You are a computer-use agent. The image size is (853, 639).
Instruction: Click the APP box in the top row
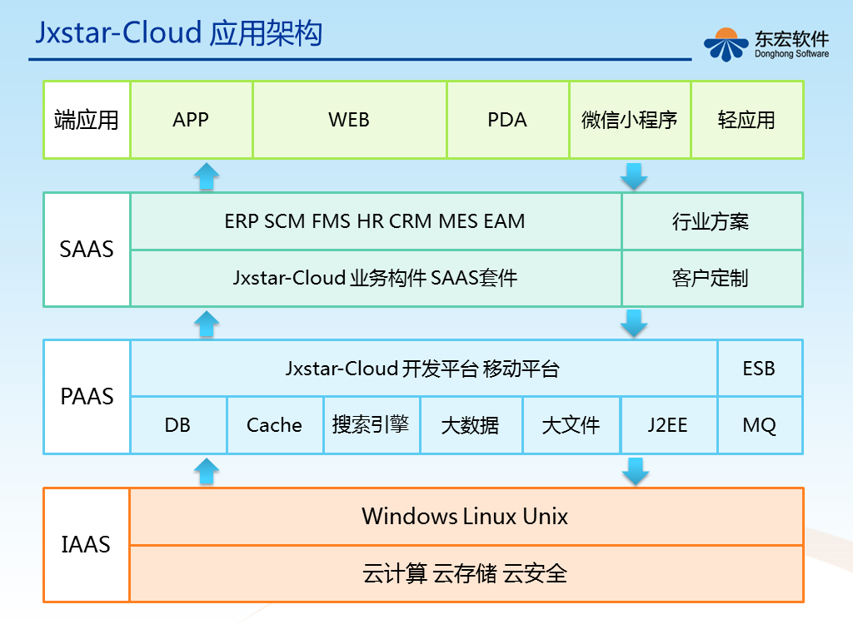coord(191,120)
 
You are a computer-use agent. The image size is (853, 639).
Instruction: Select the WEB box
coord(349,120)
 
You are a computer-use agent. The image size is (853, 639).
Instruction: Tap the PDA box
coord(507,120)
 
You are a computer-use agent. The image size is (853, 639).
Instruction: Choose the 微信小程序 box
coord(630,120)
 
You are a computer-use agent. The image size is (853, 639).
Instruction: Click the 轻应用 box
coord(747,120)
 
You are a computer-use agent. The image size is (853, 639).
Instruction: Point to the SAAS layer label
coord(87,250)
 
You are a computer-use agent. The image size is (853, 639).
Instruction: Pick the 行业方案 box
coord(711,221)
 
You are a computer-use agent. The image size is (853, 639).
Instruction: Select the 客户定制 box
coord(711,278)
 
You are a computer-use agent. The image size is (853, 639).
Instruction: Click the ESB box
coord(760,369)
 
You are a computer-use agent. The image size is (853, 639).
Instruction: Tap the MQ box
coord(760,425)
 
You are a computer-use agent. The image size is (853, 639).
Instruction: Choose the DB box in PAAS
coord(178,425)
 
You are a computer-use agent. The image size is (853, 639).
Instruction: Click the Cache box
coord(275,425)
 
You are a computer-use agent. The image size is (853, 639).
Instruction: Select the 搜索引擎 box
coord(371,425)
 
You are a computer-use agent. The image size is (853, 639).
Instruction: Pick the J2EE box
coord(668,425)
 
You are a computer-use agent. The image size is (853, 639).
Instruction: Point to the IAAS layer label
coord(86,544)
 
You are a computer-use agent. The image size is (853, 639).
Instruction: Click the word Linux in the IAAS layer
coord(490,516)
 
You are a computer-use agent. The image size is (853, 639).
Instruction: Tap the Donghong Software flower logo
coord(726,45)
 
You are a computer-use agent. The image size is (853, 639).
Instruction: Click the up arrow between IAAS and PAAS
coord(207,471)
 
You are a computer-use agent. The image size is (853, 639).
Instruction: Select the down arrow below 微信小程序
coord(634,176)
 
